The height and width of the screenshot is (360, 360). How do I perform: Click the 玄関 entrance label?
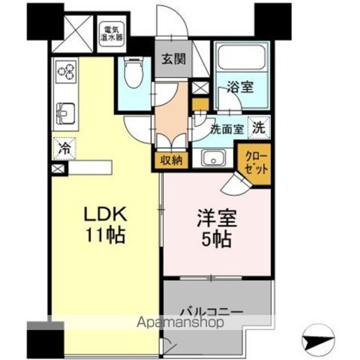pos(174,59)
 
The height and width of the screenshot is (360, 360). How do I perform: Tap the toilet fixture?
pos(133,73)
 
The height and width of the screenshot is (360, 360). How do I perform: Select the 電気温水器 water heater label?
pos(111,34)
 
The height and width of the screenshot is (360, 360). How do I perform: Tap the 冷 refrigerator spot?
pos(64,148)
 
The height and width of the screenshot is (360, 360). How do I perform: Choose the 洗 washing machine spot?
pos(259,128)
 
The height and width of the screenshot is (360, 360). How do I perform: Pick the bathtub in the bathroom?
pos(241,57)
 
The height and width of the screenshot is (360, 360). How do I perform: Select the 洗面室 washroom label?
pos(227,130)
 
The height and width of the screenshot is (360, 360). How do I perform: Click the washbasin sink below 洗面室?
pos(213,157)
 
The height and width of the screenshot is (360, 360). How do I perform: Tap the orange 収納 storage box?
pos(171,160)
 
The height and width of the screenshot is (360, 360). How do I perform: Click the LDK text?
pos(106,214)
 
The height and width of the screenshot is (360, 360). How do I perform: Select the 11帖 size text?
pos(106,235)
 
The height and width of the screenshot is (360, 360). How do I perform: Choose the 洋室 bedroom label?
pos(217,219)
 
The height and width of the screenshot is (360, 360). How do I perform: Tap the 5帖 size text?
pos(217,240)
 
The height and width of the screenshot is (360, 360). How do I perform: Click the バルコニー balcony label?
pos(211,312)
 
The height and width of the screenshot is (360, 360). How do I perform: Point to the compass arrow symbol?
pos(318,340)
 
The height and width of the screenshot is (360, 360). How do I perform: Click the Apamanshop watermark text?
pos(180,323)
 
